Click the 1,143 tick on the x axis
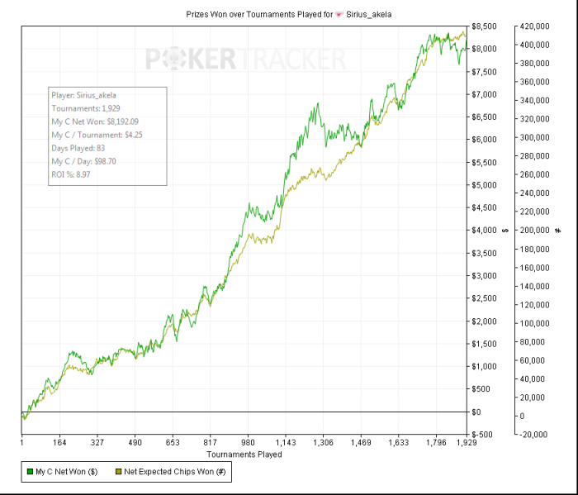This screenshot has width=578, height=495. (285, 443)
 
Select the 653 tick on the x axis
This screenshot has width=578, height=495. (173, 443)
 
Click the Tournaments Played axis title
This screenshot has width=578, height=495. (244, 455)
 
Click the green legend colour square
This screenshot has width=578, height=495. (30, 471)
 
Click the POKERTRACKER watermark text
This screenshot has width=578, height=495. (246, 59)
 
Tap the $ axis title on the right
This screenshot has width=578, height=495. (504, 231)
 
